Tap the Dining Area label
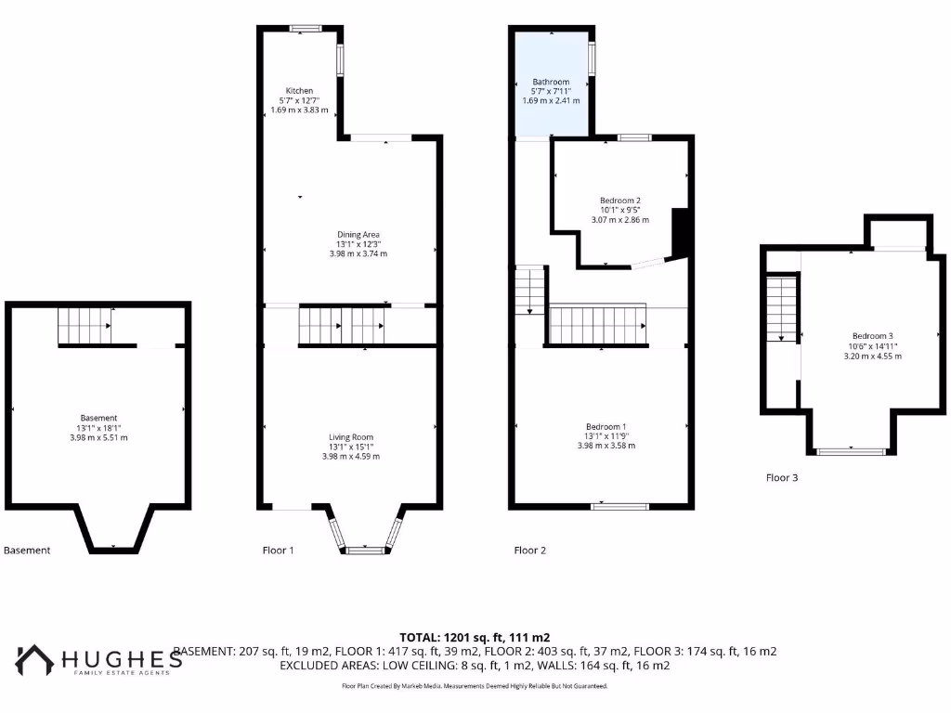[x=358, y=234]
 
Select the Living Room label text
[x=350, y=436]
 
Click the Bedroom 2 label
[x=619, y=201]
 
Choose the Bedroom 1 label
[x=605, y=426]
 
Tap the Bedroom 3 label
[x=872, y=336]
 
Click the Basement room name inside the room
[x=98, y=418]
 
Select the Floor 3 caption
[x=781, y=478]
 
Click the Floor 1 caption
[x=278, y=551]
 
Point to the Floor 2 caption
[x=529, y=551]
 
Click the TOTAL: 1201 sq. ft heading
[x=475, y=637]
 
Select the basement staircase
[x=85, y=326]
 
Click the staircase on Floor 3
[x=783, y=311]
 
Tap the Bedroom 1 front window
[x=620, y=506]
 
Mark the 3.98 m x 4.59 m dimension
[x=350, y=457]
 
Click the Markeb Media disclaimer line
[x=475, y=686]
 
